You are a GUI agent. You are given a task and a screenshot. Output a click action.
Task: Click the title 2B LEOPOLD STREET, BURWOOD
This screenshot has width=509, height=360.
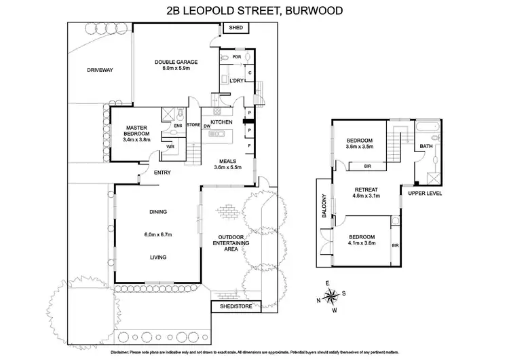254,10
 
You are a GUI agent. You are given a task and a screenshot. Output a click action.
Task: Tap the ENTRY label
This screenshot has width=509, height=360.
162,172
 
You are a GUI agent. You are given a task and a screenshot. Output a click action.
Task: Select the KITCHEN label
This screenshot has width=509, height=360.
222,122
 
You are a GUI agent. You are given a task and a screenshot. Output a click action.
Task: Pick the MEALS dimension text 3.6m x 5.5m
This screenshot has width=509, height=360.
228,167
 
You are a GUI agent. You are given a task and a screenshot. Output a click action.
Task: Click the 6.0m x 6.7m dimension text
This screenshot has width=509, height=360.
159,235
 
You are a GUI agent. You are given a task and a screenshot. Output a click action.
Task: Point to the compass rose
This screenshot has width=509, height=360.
331,295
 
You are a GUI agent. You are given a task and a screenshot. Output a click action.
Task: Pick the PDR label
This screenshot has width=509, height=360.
237,57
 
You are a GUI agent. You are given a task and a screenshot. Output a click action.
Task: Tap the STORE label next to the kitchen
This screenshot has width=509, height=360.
194,125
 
